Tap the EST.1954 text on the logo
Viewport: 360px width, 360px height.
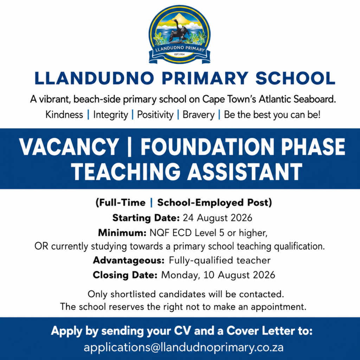coord(180,54)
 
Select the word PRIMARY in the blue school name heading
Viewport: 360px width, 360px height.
coord(205,78)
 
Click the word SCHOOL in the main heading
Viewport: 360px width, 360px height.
coord(295,78)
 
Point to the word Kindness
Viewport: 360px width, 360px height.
coord(64,115)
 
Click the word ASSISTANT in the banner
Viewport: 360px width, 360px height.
coord(245,172)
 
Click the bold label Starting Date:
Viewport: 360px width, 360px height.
coord(146,218)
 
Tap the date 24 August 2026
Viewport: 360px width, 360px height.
coord(217,218)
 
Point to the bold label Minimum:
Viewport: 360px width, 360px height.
coord(122,233)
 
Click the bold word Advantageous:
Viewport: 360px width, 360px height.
coord(129,261)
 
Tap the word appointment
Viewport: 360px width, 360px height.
coord(278,307)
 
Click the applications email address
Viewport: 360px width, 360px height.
coord(184,347)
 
